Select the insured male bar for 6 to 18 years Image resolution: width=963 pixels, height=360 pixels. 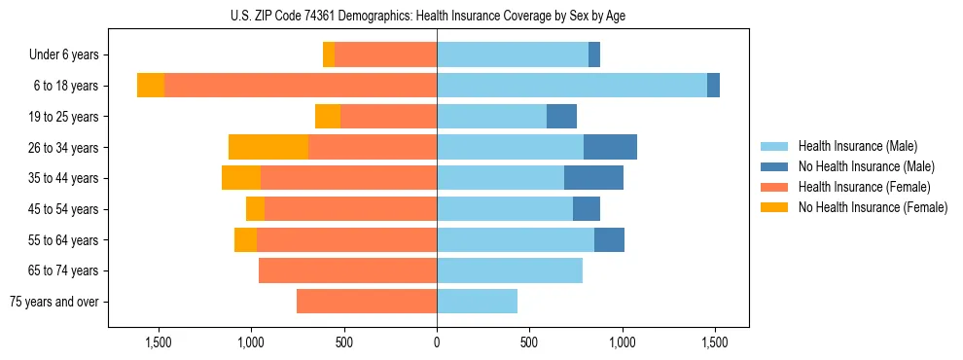pyautogui.click(x=572, y=86)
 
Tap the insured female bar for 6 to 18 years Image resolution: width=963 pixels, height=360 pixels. pyautogui.click(x=301, y=86)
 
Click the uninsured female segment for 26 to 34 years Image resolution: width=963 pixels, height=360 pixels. pyautogui.click(x=268, y=147)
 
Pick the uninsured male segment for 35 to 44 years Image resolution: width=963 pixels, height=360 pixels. pyautogui.click(x=593, y=178)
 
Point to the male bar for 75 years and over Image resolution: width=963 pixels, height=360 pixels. pyautogui.click(x=477, y=302)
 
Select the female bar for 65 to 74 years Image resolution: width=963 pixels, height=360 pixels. pyautogui.click(x=347, y=270)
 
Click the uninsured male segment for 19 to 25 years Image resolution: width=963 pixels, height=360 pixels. pyautogui.click(x=561, y=117)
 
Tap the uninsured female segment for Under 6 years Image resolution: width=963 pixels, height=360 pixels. pyautogui.click(x=329, y=54)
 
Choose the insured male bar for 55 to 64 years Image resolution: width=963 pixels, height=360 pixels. pyautogui.click(x=516, y=239)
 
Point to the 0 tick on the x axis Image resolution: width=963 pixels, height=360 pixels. pyautogui.click(x=437, y=342)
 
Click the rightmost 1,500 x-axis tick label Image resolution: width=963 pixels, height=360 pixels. pyautogui.click(x=715, y=342)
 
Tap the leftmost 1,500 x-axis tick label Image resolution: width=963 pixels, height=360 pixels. pyautogui.click(x=159, y=342)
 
